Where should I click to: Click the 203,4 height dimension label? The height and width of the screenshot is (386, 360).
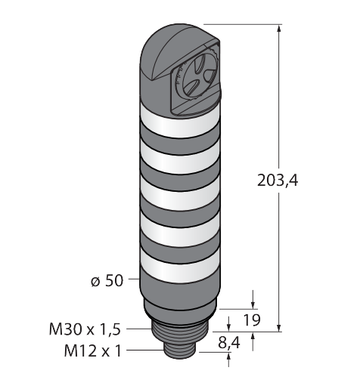[x=278, y=181]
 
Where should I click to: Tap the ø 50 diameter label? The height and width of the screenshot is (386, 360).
[x=107, y=280]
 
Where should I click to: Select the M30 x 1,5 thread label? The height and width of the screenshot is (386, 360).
[x=85, y=329]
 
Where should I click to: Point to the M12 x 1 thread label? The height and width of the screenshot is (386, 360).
[x=93, y=350]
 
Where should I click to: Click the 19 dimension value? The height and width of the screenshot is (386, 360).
[x=252, y=320]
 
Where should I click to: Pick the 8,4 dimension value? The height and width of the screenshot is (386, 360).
[x=229, y=343]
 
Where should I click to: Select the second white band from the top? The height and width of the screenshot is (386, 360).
[x=180, y=159]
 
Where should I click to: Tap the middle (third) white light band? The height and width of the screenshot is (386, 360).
[x=180, y=195]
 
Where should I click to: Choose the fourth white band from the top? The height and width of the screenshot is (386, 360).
[x=180, y=230]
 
